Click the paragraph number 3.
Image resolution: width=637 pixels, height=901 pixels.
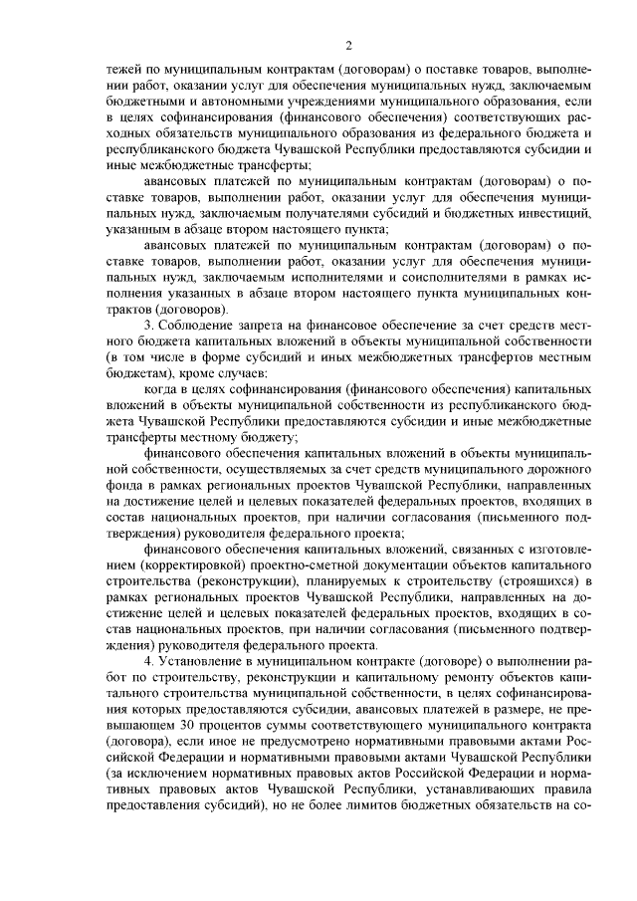tap(148, 326)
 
